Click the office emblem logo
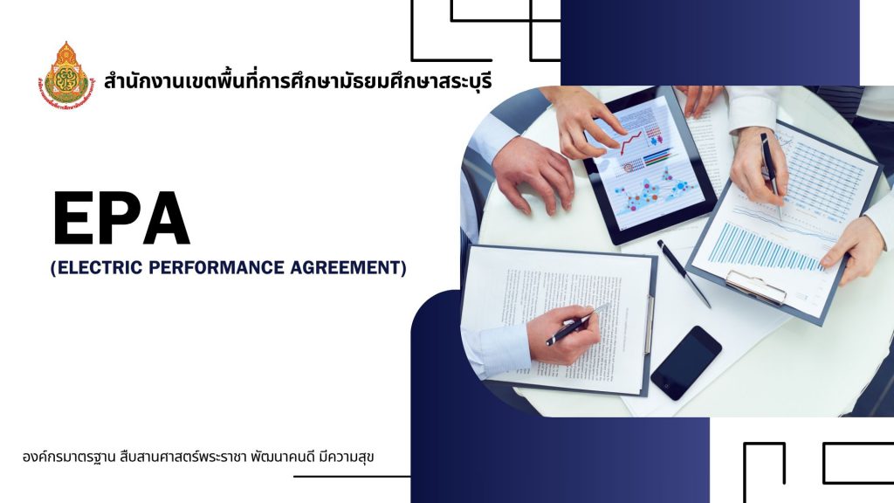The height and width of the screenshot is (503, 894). (x=66, y=75)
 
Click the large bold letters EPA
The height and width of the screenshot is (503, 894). (x=121, y=219)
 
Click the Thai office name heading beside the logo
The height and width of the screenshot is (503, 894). (x=299, y=81)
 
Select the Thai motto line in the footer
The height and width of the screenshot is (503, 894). (x=198, y=458)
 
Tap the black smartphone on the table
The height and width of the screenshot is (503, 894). (x=686, y=362)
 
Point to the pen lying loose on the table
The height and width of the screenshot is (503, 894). (x=684, y=273)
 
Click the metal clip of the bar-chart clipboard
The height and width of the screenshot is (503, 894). (x=756, y=286)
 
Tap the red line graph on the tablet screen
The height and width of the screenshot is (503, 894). (x=631, y=142)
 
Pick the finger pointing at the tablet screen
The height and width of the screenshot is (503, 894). (x=606, y=122)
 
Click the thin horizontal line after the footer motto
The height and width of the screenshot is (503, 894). (x=352, y=476)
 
